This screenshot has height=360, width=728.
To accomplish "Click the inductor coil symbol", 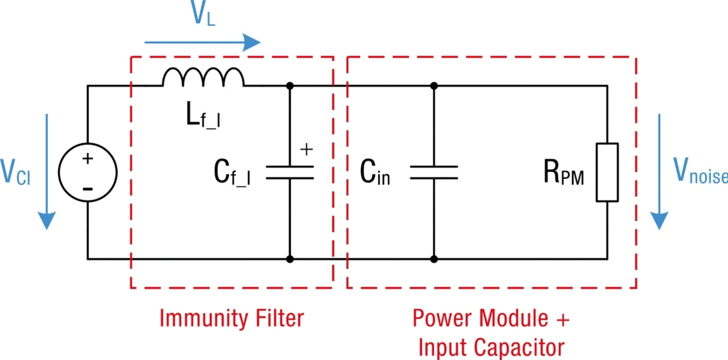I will point(203,78).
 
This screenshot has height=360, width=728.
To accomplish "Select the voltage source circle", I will point(88,172).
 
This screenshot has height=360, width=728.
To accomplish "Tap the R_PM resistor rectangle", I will point(607,172).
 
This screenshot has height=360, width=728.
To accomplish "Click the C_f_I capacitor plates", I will point(289,172).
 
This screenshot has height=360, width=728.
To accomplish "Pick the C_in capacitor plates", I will point(434,172).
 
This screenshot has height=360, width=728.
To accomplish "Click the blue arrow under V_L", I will point(202,42).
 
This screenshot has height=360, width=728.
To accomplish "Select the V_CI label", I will point(16,172).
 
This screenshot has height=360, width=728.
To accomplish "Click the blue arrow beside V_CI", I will point(47,171).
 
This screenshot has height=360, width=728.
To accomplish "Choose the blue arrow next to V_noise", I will point(660,171).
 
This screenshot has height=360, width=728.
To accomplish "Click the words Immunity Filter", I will point(231,318).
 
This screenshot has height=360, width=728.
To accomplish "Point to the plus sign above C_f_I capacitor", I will point(307,150).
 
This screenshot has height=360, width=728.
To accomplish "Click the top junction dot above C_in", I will point(434,86).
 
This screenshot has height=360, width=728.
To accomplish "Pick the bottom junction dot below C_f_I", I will point(289,259).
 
